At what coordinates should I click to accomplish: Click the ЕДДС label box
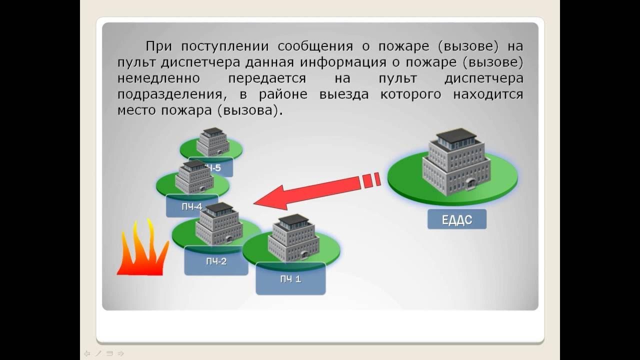point(456,219)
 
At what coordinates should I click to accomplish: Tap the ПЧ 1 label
point(290,279)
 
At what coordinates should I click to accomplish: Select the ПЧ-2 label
point(216,261)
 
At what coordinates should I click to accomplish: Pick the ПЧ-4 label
point(191,206)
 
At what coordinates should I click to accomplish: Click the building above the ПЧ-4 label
point(194,177)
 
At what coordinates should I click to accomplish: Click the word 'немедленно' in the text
point(158,79)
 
